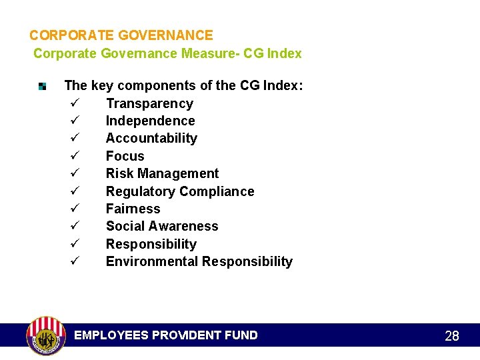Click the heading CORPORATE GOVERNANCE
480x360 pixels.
coord(121,35)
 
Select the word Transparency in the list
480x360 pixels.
coord(149,103)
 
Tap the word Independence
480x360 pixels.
coord(150,121)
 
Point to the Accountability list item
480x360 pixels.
coord(151,138)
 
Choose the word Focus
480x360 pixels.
coord(125,156)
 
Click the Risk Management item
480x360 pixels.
coord(162,173)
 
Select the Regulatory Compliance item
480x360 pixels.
coord(180,191)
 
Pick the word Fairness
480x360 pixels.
coord(133,209)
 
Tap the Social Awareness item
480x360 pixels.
coord(162,226)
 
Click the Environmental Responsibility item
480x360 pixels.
coord(199,261)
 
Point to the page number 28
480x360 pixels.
coord(452,336)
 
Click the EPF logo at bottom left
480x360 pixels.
coord(45,335)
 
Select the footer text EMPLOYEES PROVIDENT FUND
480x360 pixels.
coord(165,335)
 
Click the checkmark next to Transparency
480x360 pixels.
coord(74,103)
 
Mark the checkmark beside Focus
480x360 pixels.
coord(74,156)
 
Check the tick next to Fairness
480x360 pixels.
coord(74,209)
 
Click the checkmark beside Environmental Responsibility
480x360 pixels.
coord(74,261)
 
